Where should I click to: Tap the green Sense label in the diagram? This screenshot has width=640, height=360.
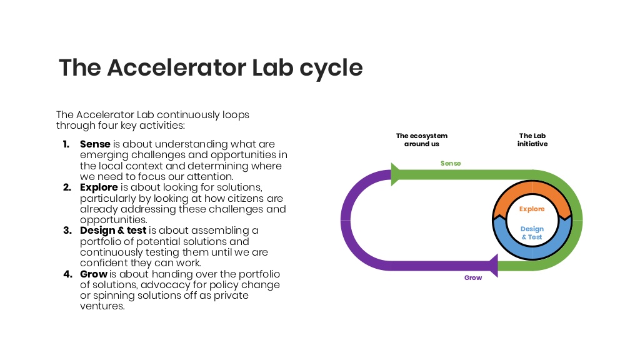(451, 163)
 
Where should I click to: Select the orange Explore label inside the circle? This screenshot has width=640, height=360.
(532, 209)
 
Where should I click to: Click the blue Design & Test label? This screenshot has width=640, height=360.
(532, 233)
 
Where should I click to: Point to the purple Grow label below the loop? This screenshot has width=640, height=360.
(473, 277)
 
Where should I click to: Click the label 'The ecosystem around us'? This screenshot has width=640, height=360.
(422, 139)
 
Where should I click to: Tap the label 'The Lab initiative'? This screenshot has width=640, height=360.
(532, 139)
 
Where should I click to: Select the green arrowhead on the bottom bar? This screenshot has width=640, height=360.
(492, 266)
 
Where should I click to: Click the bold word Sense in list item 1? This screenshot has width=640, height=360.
(95, 144)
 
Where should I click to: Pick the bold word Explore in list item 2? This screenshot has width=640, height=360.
(99, 187)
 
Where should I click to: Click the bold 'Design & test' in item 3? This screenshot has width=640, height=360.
(113, 231)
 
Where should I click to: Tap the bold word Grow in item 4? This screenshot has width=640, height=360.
(94, 274)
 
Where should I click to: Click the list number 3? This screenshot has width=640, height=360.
(67, 231)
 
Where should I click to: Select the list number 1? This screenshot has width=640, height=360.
(66, 144)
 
